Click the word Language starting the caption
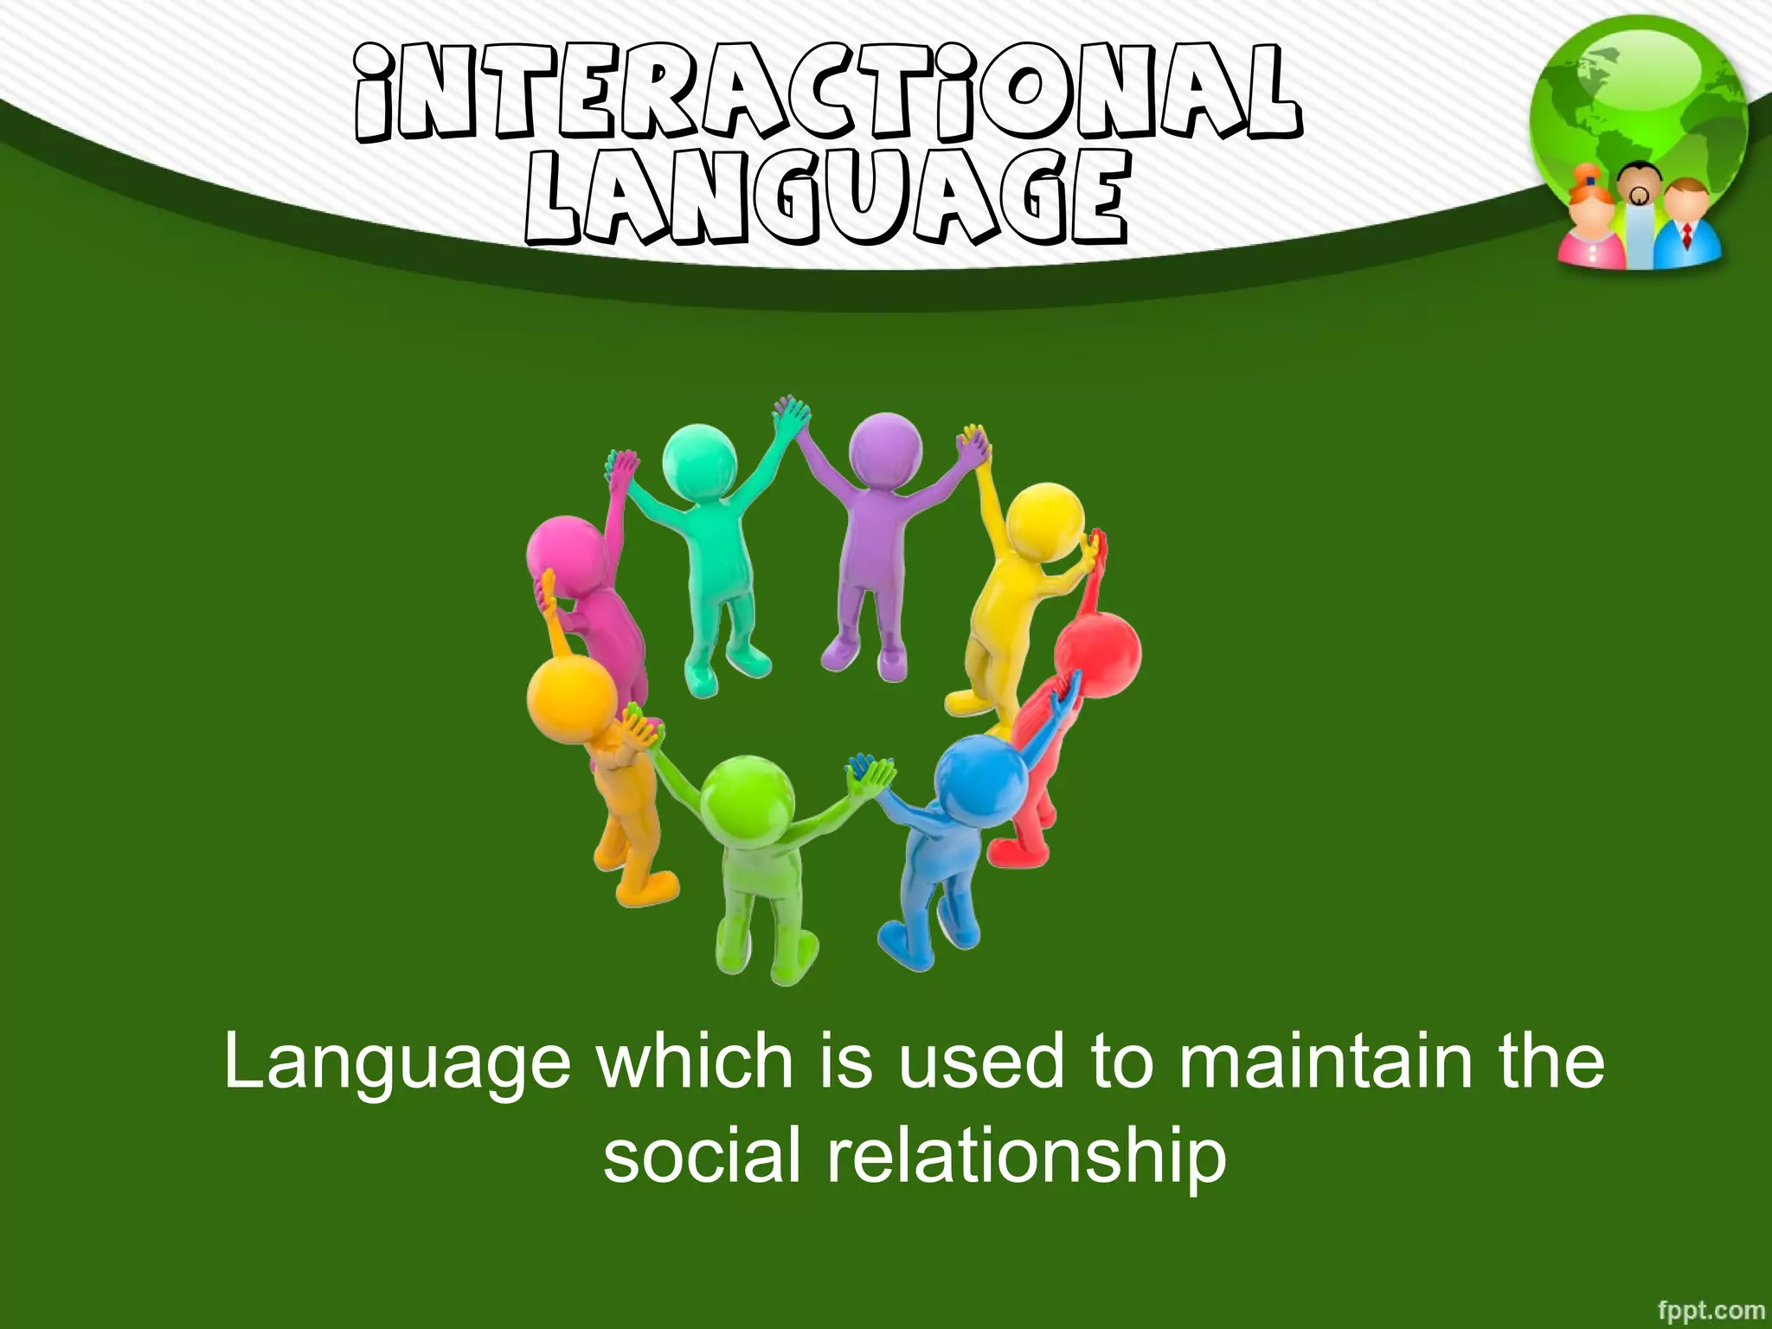pyautogui.click(x=397, y=1064)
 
